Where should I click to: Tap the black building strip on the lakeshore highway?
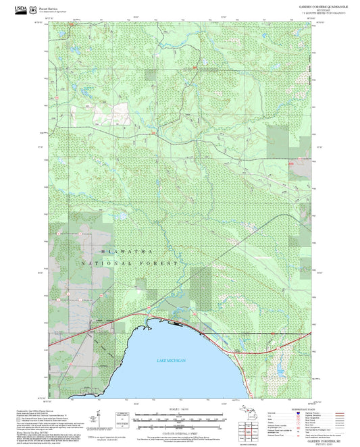[x=177, y=323]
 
